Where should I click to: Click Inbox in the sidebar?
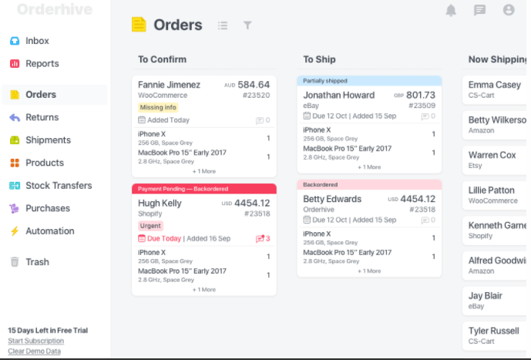pos(36,41)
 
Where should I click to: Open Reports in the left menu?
pos(42,64)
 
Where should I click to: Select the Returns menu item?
pos(42,117)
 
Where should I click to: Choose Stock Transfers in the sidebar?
pos(58,186)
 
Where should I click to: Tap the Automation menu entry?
pos(49,231)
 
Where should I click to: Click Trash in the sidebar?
pos(37,262)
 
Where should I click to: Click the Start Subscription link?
pos(35,341)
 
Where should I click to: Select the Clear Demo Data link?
pos(34,352)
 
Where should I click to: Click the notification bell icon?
pos(451,10)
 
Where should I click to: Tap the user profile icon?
pos(509,10)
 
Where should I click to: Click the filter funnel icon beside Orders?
pos(247,25)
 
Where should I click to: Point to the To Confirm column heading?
pos(162,59)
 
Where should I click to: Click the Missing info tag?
pos(158,108)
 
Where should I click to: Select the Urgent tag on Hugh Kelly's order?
pos(150,226)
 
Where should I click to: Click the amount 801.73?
pos(421,95)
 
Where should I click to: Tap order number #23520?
pos(256,96)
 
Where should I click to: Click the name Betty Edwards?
pos(332,199)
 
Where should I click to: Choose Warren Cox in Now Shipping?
pos(492,155)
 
